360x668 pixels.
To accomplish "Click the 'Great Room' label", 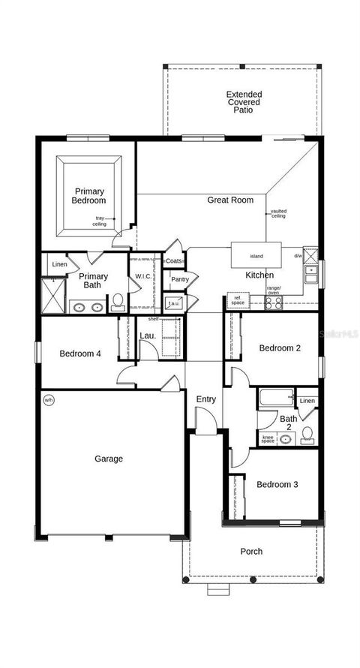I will point(230,200).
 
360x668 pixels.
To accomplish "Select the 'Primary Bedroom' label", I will point(88,196).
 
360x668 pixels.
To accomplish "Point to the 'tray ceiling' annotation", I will point(99,221).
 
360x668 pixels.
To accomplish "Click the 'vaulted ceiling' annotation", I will point(278,214).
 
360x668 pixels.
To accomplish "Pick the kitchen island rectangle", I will point(256,256).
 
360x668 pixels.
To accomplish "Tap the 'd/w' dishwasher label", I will point(298,256).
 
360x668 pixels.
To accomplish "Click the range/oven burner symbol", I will point(274,303).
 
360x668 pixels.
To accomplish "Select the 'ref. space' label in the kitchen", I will point(238,299).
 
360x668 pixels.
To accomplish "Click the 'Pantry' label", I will point(179,279).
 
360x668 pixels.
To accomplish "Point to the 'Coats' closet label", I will point(174,261).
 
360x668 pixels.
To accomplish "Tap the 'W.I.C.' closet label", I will point(143,277).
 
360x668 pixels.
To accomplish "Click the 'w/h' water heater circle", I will point(49,399).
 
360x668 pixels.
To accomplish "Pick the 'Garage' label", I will point(109,459).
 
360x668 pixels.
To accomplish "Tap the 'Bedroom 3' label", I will point(277,485).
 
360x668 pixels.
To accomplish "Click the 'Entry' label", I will point(205,399).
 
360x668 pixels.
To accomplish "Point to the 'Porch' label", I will point(251,552).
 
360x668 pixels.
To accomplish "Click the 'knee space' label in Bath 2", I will point(268,438).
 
